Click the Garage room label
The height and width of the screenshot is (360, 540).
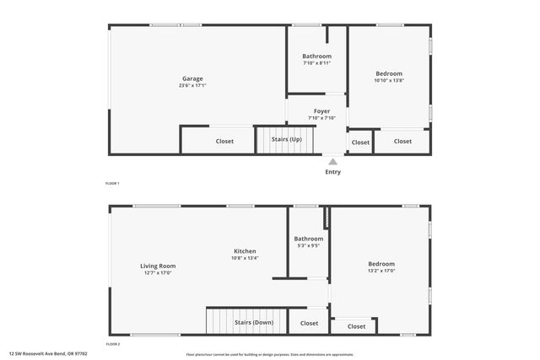(x=192, y=78)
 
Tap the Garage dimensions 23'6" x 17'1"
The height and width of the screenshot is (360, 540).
(x=192, y=85)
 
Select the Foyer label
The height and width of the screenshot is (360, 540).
(x=321, y=110)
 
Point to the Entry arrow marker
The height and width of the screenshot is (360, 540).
(x=333, y=162)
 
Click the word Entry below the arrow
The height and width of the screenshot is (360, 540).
(x=333, y=172)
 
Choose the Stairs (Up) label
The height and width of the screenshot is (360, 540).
(x=286, y=139)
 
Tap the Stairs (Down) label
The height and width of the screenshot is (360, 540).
(x=253, y=322)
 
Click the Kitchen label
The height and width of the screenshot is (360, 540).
(x=245, y=251)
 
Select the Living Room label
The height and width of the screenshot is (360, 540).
(x=158, y=266)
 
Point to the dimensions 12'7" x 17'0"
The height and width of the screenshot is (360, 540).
(x=158, y=272)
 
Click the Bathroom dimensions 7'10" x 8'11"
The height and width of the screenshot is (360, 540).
(x=316, y=63)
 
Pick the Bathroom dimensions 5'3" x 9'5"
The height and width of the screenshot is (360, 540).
(x=309, y=246)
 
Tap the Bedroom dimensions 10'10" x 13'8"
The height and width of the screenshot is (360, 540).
(x=389, y=80)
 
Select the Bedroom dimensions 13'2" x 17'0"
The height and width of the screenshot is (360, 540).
(x=381, y=271)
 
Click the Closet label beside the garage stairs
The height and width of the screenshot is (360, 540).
(x=224, y=141)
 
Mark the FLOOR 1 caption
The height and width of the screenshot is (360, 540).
(x=112, y=183)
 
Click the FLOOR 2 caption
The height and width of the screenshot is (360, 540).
(x=112, y=344)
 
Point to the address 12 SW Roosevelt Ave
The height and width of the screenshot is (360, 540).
(x=48, y=354)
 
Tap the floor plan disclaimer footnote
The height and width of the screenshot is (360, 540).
(x=270, y=355)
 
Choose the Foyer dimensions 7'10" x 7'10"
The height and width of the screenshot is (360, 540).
(x=321, y=118)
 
